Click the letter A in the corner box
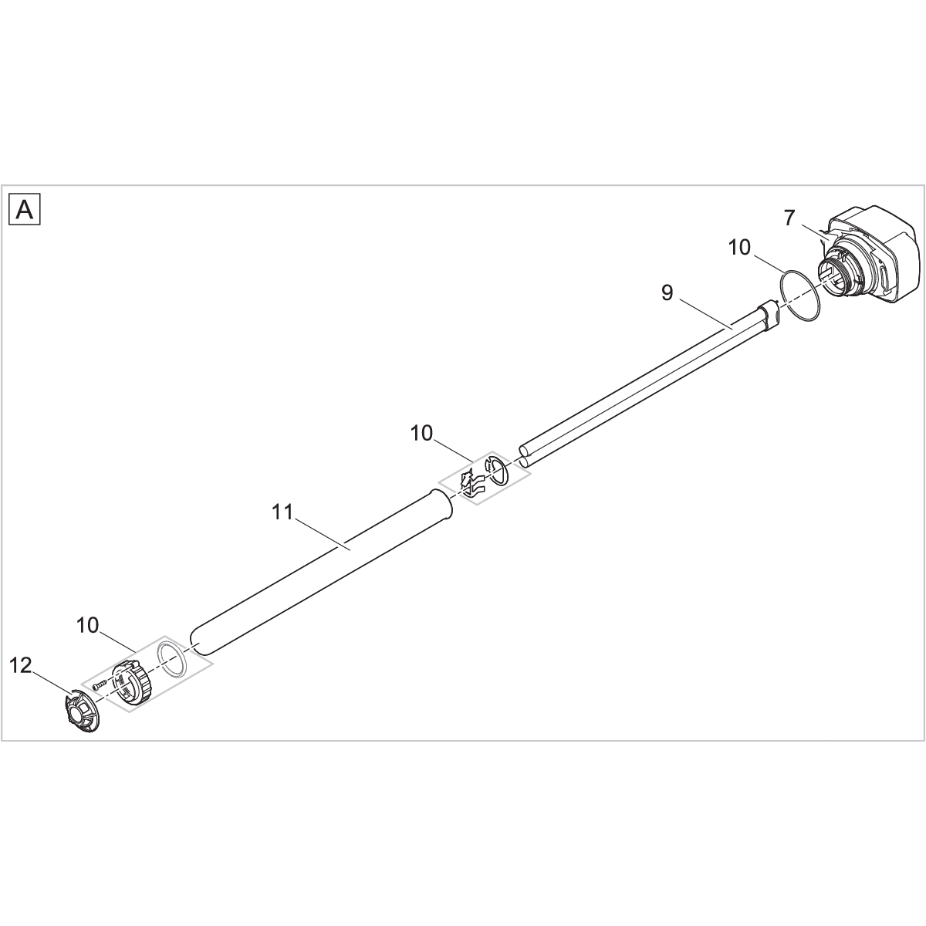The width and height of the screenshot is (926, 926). tap(25, 210)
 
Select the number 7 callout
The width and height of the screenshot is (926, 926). tap(789, 218)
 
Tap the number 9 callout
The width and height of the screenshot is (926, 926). tap(667, 292)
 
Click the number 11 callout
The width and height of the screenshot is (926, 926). tap(282, 512)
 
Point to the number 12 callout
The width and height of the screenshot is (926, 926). tap(21, 665)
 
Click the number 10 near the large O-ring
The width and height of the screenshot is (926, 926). tap(739, 248)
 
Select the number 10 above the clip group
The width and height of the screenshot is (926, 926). tap(421, 434)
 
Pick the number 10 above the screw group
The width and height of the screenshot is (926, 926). tap(87, 625)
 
